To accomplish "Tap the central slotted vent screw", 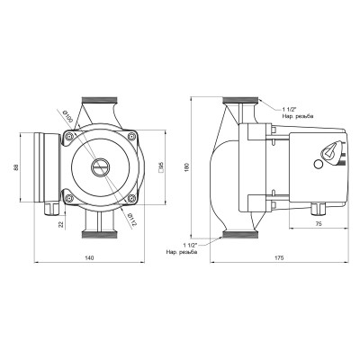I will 99,167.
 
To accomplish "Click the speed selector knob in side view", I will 329,156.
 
